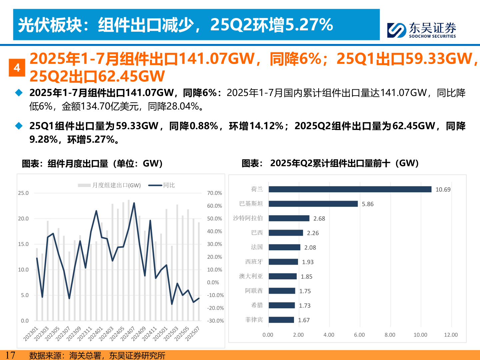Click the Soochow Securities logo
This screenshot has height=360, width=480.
point(421,30)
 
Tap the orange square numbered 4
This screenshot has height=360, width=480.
point(17,68)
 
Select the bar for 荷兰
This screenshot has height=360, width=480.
point(350,189)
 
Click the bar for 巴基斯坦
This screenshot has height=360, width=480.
point(313,204)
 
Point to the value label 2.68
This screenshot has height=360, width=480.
point(319,219)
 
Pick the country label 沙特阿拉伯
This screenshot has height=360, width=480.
point(248,218)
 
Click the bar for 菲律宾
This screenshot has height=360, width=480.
point(281,320)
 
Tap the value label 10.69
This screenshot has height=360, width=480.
point(443,190)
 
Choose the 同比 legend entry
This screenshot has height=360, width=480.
point(162,185)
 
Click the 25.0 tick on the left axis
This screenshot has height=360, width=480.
point(23,193)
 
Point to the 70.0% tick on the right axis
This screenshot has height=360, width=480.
point(214,193)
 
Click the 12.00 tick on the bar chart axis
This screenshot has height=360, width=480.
point(451,335)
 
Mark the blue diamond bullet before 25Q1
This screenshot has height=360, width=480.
point(19,126)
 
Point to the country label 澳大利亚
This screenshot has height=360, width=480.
point(251,276)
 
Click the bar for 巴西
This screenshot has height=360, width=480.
point(286,233)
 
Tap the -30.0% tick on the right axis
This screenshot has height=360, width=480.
point(215,321)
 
